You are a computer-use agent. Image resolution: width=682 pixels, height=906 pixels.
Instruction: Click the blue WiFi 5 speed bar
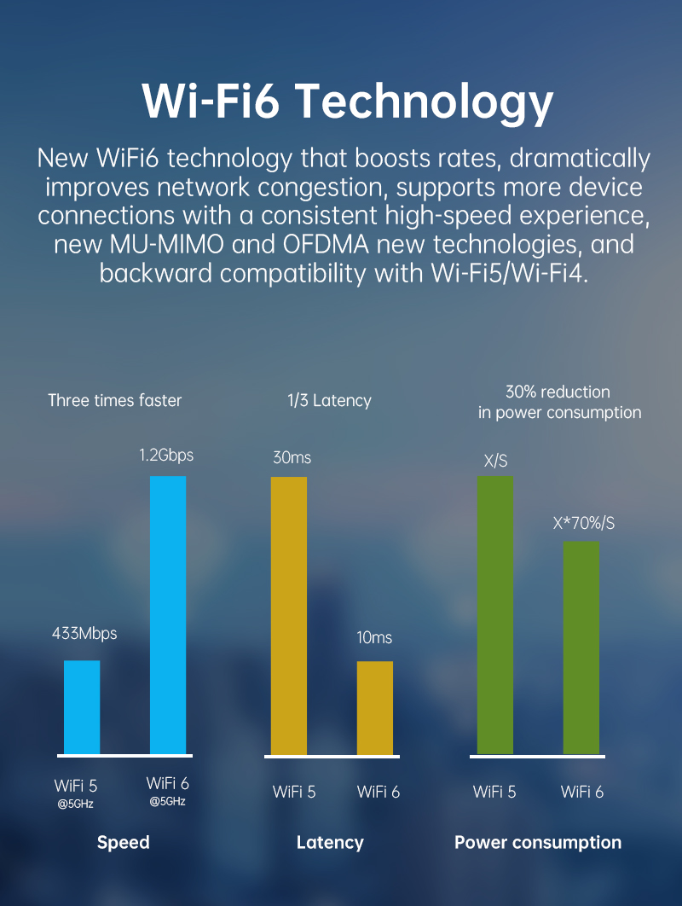point(82,707)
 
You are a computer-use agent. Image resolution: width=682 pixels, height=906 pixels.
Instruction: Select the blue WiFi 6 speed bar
point(168,614)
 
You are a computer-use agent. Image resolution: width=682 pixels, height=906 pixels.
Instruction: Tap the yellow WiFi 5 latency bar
point(289,614)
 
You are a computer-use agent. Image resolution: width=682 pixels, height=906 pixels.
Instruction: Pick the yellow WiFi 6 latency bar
point(375,707)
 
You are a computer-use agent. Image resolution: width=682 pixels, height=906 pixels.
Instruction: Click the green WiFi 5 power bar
point(495,614)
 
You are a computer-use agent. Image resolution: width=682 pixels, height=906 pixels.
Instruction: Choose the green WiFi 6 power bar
point(581,647)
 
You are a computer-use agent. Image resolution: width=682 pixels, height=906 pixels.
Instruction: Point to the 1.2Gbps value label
point(166,456)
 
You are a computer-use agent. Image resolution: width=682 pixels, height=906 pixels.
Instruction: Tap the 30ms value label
point(292,458)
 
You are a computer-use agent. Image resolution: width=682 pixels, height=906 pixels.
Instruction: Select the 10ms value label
point(374,638)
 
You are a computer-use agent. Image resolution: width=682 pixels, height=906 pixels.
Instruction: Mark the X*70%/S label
point(583,523)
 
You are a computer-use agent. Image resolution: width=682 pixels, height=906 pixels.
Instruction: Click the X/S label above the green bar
point(495,462)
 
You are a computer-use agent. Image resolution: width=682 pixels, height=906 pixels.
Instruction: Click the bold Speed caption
point(124,843)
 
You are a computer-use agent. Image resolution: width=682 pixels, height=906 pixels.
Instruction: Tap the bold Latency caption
point(330,843)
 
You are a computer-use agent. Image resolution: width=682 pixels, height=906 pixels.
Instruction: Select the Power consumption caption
point(538,843)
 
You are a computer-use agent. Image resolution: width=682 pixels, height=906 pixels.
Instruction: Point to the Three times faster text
point(114,400)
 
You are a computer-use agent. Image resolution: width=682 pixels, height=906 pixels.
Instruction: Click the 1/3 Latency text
point(329,400)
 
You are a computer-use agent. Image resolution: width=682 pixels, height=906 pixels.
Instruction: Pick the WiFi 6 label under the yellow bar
point(379,792)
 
